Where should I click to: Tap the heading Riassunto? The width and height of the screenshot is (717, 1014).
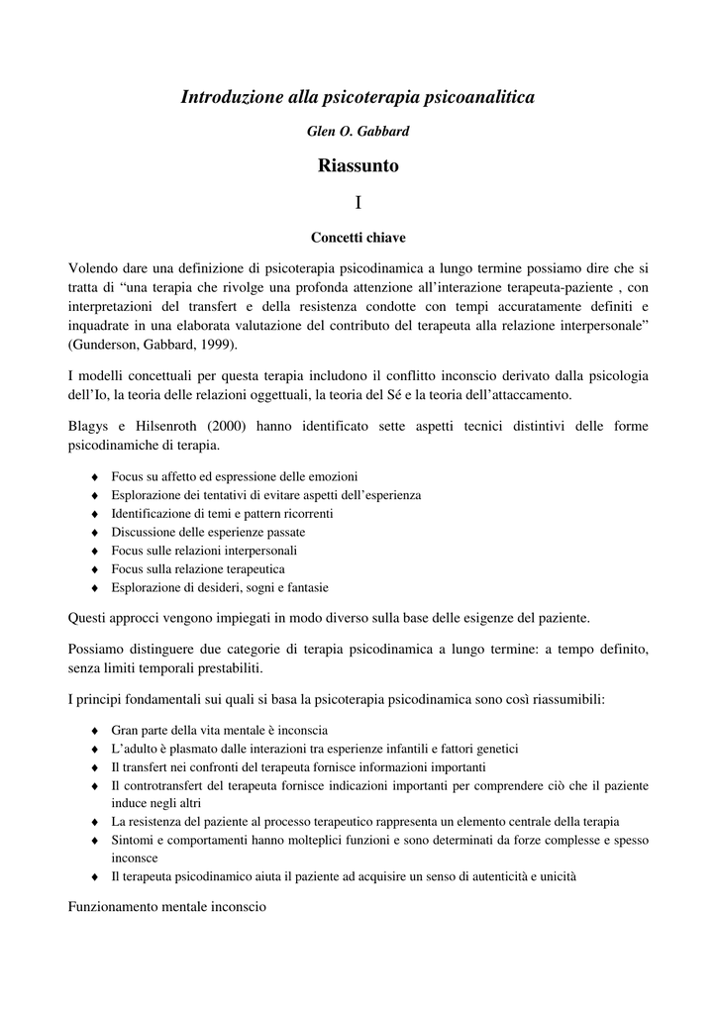[358, 165]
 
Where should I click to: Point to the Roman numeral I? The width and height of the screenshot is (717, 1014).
[358, 203]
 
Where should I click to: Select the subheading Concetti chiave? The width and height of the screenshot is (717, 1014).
[358, 238]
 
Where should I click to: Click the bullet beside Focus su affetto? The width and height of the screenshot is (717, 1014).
[94, 477]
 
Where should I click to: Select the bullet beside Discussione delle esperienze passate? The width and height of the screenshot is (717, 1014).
[94, 533]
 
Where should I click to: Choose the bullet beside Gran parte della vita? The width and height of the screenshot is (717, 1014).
[94, 731]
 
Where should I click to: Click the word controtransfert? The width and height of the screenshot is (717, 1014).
[159, 785]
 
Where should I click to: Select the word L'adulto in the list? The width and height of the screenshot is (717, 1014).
[134, 749]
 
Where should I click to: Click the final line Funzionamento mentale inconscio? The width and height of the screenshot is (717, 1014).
[167, 906]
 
